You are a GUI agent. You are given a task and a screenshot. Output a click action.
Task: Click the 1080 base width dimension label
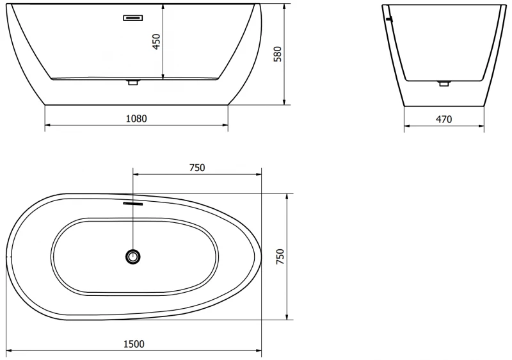[136, 119]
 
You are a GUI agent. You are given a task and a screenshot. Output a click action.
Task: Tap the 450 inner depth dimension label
[157, 42]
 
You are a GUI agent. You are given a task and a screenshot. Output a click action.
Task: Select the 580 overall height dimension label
[277, 54]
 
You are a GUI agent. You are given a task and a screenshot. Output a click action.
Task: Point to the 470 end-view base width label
[444, 119]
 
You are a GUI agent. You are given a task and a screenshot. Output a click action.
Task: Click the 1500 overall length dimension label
[134, 344]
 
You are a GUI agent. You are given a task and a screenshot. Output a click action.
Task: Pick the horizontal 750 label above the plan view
[197, 168]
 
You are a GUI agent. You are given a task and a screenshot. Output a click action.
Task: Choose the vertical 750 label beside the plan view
[280, 256]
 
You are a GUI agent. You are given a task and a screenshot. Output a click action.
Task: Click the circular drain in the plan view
[133, 256]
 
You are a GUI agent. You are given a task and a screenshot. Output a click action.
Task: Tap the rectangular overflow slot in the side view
[133, 18]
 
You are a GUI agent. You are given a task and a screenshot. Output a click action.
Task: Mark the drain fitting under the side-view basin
[133, 81]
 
